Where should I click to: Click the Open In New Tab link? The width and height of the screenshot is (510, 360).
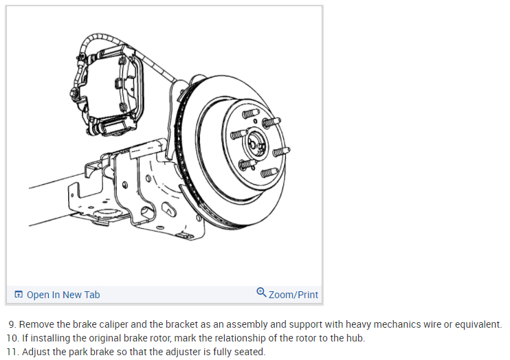tap(63, 295)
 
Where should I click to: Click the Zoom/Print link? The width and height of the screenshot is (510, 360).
tap(293, 295)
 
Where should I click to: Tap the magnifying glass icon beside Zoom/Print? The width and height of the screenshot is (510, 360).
tap(261, 293)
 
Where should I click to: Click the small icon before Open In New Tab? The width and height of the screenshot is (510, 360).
tap(19, 295)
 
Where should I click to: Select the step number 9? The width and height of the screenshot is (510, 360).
tap(12, 324)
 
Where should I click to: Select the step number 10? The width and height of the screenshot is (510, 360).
tap(11, 338)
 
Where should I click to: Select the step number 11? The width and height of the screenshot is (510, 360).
tap(11, 352)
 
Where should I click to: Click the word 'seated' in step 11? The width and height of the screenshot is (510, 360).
tap(248, 352)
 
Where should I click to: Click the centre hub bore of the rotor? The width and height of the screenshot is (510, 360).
tap(254, 144)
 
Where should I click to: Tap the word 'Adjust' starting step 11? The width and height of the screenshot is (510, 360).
tap(35, 352)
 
